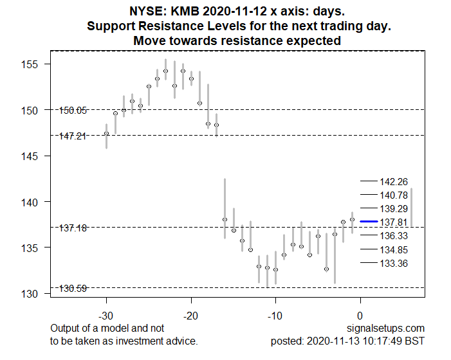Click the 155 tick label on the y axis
[30, 64]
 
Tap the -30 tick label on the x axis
[106, 316]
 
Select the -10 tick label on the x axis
[275, 316]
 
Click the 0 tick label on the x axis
[360, 316]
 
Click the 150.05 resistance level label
[73, 111]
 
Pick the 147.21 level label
[72, 136]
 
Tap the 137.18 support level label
[73, 228]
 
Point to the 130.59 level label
[73, 289]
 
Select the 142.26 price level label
[394, 182]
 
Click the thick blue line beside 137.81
[369, 222]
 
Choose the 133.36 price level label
[394, 263]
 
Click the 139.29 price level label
[394, 209]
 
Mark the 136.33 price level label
[394, 236]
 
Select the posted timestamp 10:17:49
[383, 341]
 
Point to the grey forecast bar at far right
[412, 207]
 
